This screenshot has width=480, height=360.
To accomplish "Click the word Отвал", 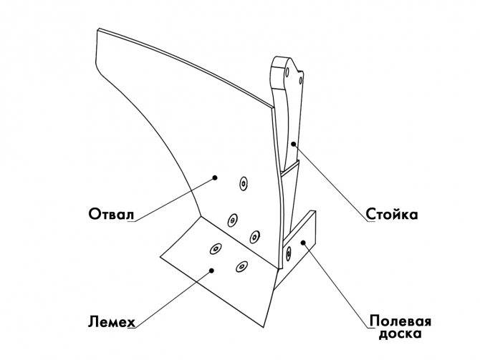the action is (x=112, y=214).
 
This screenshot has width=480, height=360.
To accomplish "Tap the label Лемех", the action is (x=112, y=322).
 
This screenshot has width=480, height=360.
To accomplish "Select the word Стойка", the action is (x=392, y=214).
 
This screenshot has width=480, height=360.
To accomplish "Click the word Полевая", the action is (x=400, y=322).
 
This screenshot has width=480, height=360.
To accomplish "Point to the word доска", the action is (x=400, y=334).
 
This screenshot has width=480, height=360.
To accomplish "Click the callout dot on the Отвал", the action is (x=215, y=177).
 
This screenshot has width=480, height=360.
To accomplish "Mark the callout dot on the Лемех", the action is (x=211, y=270).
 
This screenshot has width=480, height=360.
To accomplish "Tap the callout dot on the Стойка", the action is (x=293, y=144).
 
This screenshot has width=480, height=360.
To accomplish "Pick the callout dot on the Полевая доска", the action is (x=303, y=243).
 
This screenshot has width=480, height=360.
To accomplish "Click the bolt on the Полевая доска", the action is (x=288, y=253).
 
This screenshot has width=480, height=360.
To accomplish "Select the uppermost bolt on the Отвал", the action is (x=244, y=183).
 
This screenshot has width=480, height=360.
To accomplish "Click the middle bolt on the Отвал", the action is (x=233, y=220).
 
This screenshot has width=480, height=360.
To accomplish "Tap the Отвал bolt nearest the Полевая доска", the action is (x=254, y=236).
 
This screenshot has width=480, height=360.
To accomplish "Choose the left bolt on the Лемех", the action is (x=216, y=248).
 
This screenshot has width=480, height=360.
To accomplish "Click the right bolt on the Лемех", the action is (x=241, y=266).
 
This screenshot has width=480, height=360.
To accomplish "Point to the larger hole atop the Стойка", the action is (x=287, y=72).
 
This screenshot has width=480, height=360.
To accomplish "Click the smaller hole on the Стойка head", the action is (x=301, y=81).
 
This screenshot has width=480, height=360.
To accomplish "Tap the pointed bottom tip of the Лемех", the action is (x=263, y=327).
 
